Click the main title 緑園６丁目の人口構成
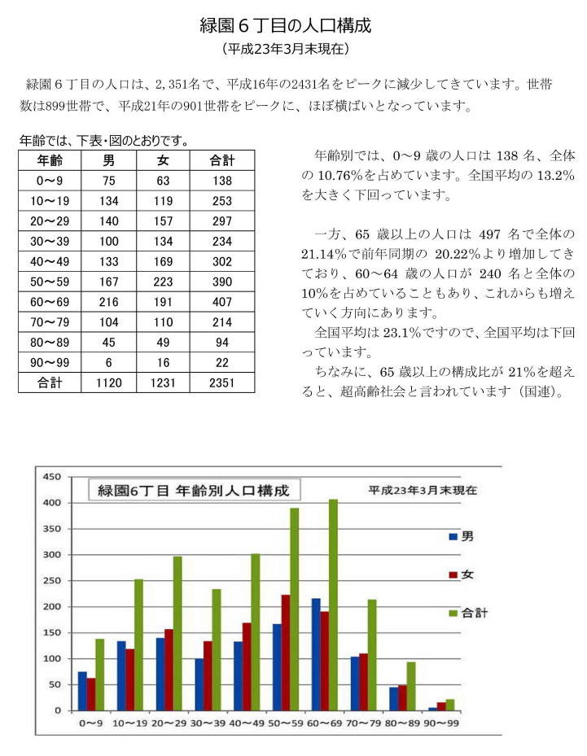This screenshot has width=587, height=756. (286, 25)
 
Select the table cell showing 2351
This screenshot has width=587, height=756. (222, 382)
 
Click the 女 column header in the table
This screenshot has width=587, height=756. (163, 160)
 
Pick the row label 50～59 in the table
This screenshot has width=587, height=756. (50, 282)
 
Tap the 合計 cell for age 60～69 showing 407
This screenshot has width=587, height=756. (222, 302)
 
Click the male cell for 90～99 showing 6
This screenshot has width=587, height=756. (108, 363)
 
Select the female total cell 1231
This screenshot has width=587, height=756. (163, 382)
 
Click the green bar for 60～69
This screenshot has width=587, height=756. (333, 605)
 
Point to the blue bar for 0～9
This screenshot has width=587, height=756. (82, 691)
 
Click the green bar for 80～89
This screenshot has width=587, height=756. (411, 686)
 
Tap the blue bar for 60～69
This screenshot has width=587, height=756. (316, 655)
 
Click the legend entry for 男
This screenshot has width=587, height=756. (461, 536)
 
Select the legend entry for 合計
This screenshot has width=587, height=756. (468, 613)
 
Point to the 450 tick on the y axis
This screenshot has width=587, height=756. (52, 477)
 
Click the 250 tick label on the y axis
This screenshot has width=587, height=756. (52, 580)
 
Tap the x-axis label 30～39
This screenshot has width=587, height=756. (208, 723)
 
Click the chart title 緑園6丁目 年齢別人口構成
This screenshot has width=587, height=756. (194, 491)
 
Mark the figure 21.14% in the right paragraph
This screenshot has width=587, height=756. (323, 254)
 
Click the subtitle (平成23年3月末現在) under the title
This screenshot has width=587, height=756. (286, 49)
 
